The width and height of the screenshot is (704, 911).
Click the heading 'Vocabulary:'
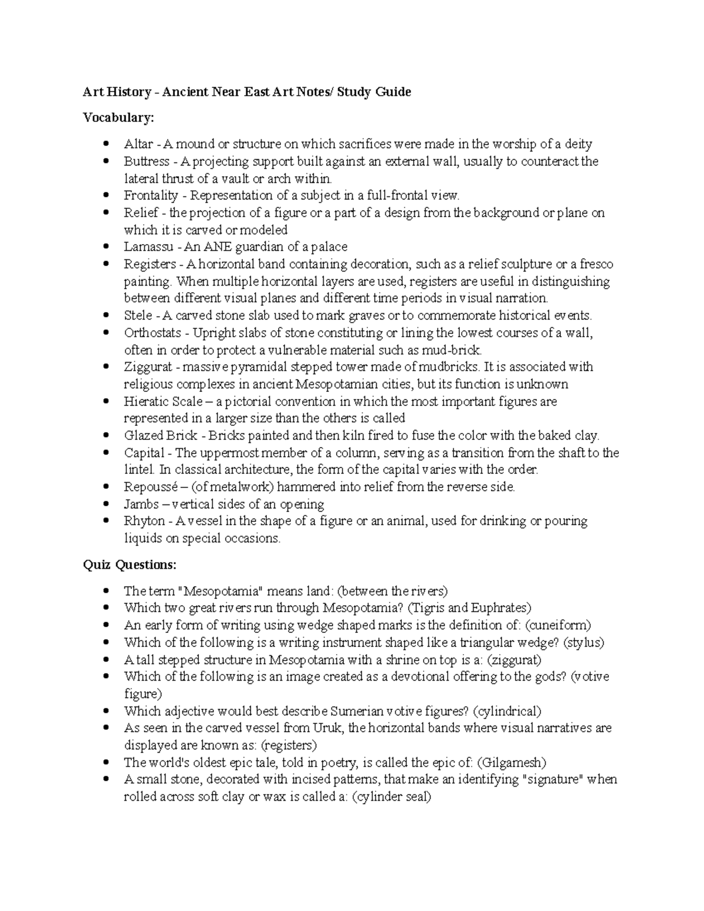119,118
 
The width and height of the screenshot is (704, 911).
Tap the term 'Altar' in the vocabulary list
138,144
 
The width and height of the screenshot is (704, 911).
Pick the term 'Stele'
138,316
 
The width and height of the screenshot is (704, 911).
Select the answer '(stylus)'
583,642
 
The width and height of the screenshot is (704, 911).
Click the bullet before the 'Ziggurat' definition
106,367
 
